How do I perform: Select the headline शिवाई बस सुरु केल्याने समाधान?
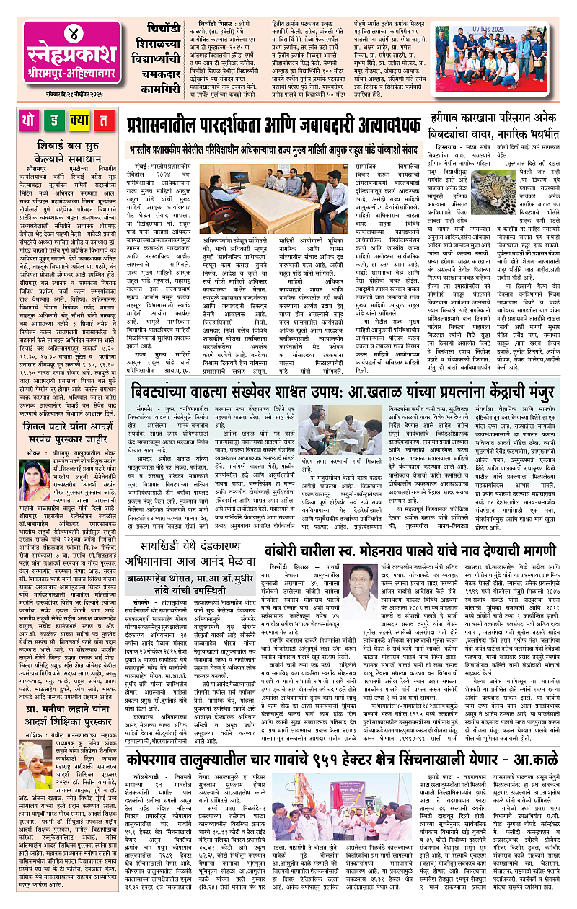(61, 152)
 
